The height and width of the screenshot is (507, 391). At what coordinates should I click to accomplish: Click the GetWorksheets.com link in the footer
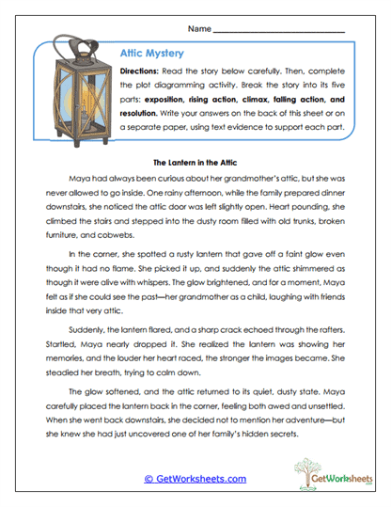point(195,478)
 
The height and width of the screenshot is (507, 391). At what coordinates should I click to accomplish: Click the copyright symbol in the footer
point(149,478)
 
